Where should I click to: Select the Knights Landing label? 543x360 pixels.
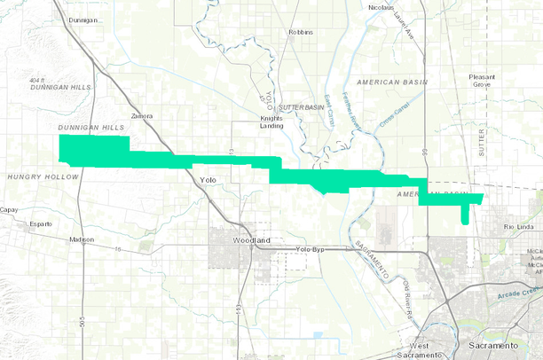pyautogui.click(x=271, y=121)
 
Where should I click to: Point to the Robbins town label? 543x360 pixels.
pyautogui.click(x=302, y=33)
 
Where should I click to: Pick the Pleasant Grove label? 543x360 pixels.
pyautogui.click(x=488, y=82)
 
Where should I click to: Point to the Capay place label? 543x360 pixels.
pyautogui.click(x=9, y=210)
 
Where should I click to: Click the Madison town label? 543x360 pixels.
pyautogui.click(x=81, y=240)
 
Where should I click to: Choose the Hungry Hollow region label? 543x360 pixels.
pyautogui.click(x=43, y=176)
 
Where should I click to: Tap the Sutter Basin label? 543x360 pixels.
pyautogui.click(x=303, y=107)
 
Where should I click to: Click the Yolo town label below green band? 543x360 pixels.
pyautogui.click(x=208, y=180)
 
